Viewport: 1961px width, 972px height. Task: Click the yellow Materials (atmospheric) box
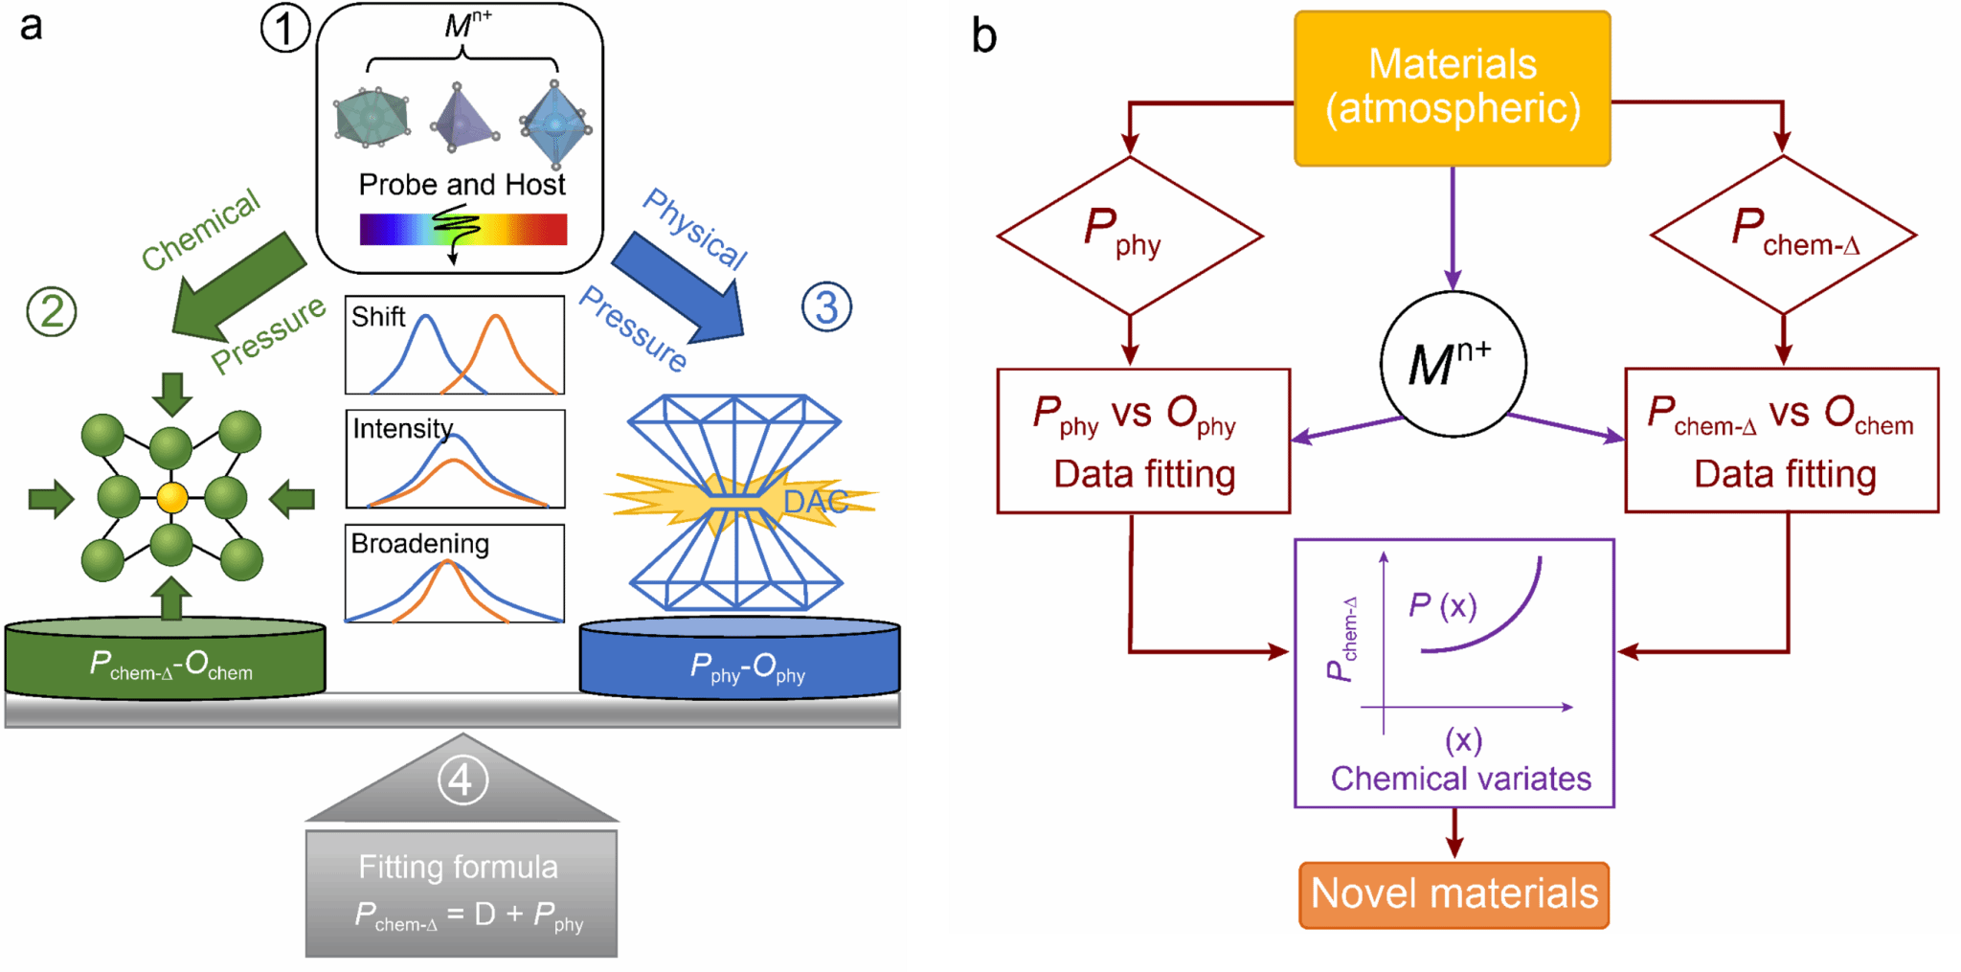pos(1452,88)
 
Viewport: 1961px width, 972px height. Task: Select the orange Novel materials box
pos(1454,894)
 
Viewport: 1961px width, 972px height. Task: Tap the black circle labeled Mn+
pos(1453,364)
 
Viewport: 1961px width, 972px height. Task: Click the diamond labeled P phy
pos(1130,236)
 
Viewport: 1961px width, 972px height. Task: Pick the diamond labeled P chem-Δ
pos(1783,235)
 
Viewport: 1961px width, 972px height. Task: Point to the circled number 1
pos(284,28)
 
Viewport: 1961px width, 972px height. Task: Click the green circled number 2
pos(52,312)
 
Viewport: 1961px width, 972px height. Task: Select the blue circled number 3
pos(825,307)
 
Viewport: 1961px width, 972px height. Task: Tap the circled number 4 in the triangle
pos(462,780)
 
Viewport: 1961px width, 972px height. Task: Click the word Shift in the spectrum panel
pos(378,317)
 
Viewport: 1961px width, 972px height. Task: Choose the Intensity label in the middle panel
pos(402,428)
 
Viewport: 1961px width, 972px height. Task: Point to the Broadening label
pos(419,543)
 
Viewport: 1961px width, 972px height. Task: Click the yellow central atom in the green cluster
pos(172,498)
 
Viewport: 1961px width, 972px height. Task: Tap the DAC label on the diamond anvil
pos(815,501)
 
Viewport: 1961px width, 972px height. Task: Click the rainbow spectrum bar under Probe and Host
pos(462,230)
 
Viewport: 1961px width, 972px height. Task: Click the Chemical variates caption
pos(1460,779)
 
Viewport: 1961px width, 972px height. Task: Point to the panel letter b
pos(984,36)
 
